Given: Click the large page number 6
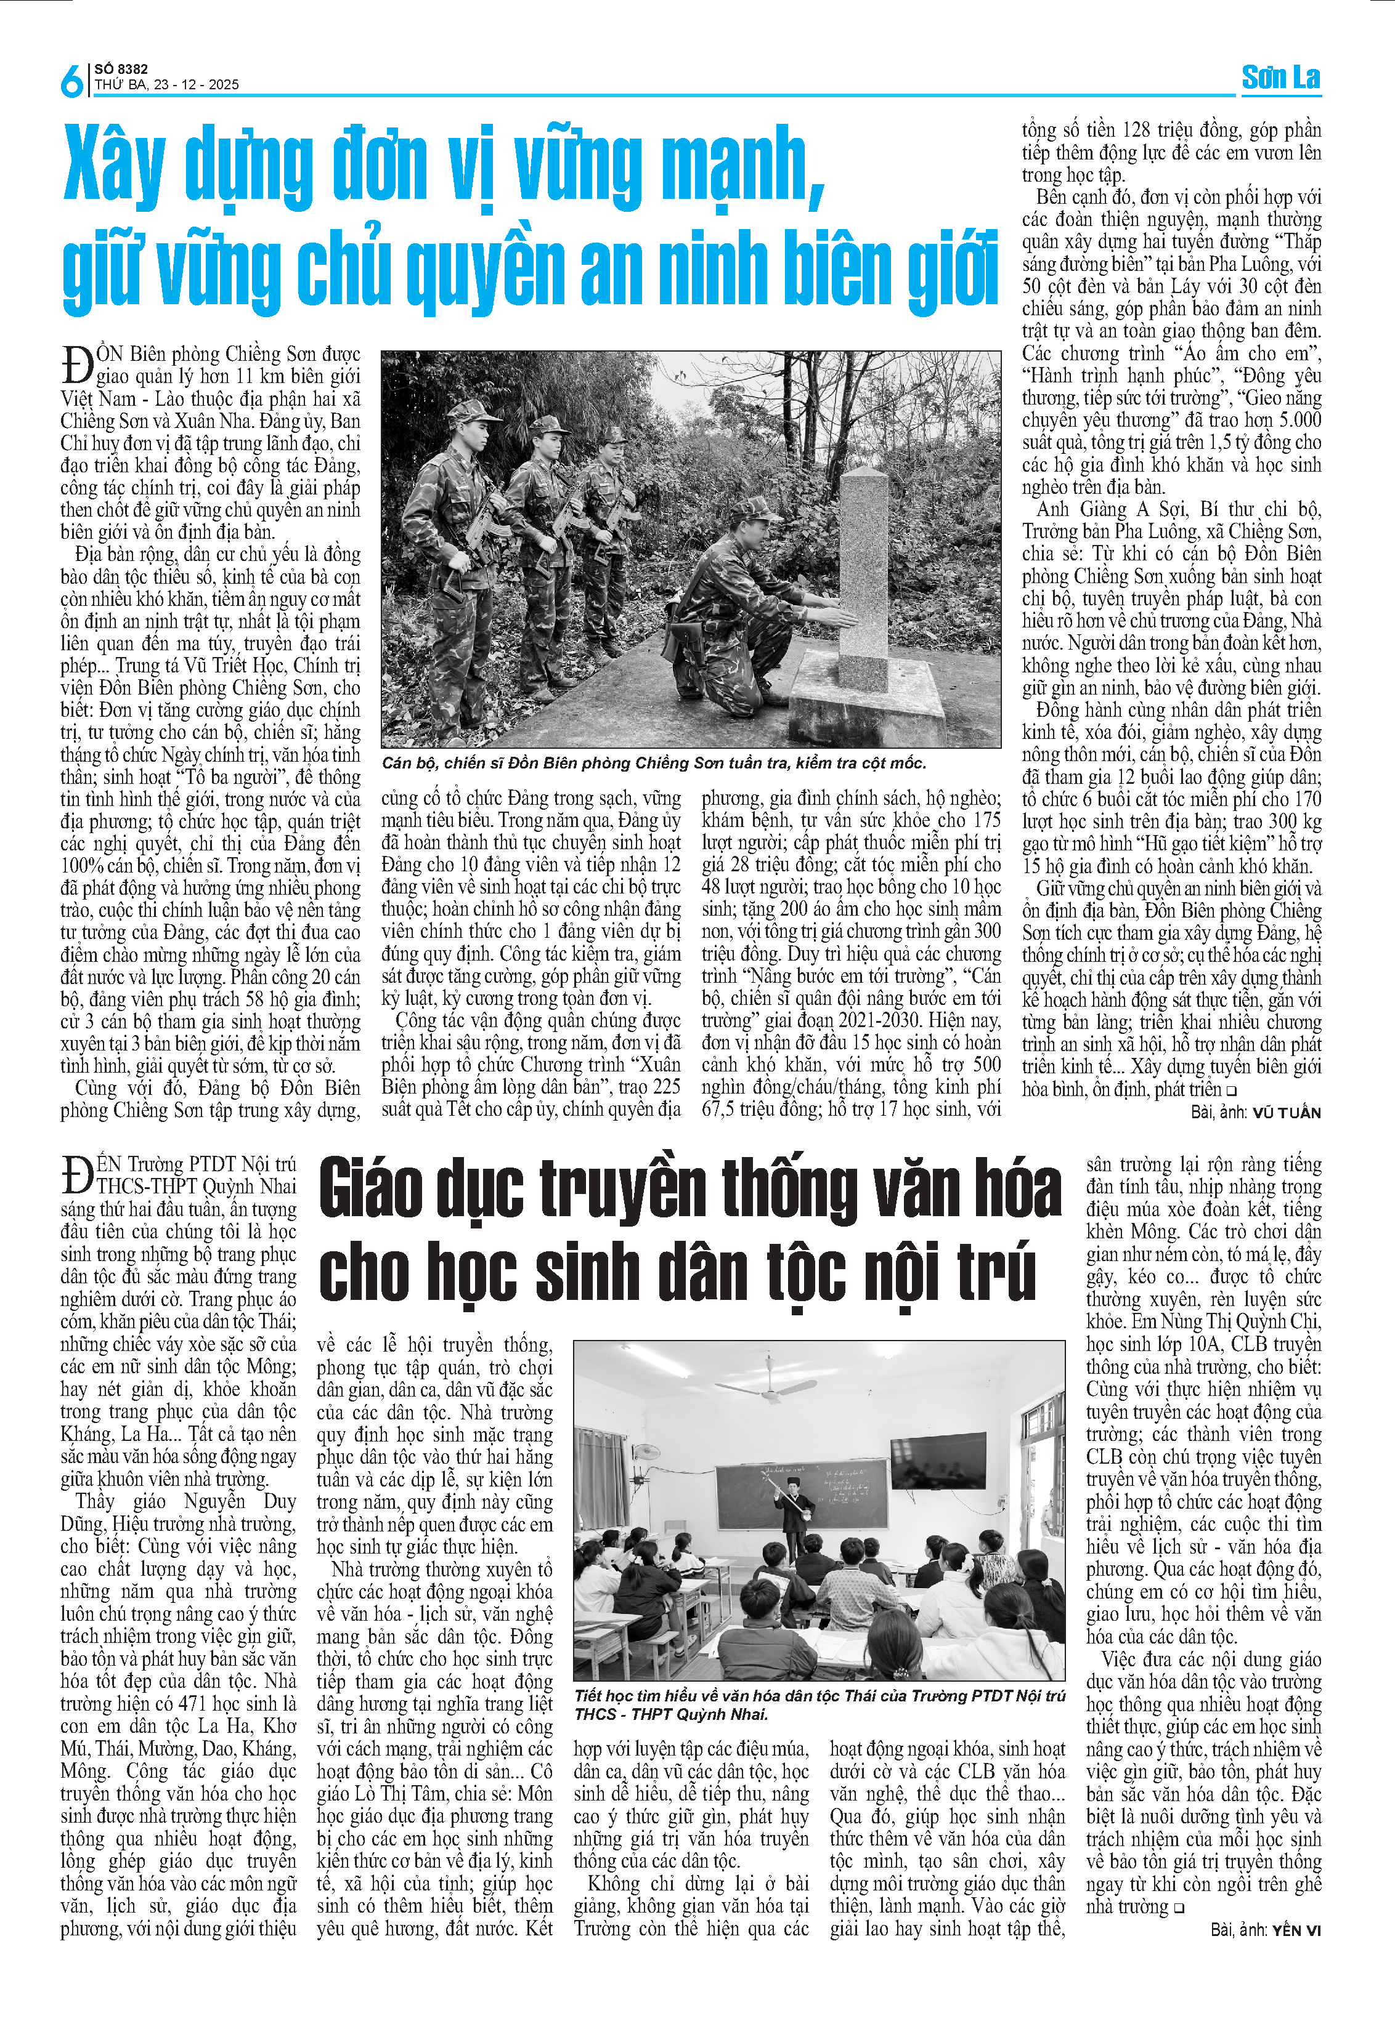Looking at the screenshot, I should tap(71, 81).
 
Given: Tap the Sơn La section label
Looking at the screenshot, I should tap(1280, 78).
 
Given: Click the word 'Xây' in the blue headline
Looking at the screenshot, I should tap(114, 166).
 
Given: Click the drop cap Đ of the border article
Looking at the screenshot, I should tap(77, 365).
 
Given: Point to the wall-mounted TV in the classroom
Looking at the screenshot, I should tap(937, 1461).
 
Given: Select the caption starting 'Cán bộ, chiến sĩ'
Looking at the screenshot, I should tap(653, 764).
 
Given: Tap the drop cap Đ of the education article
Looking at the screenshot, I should tap(77, 1174).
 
